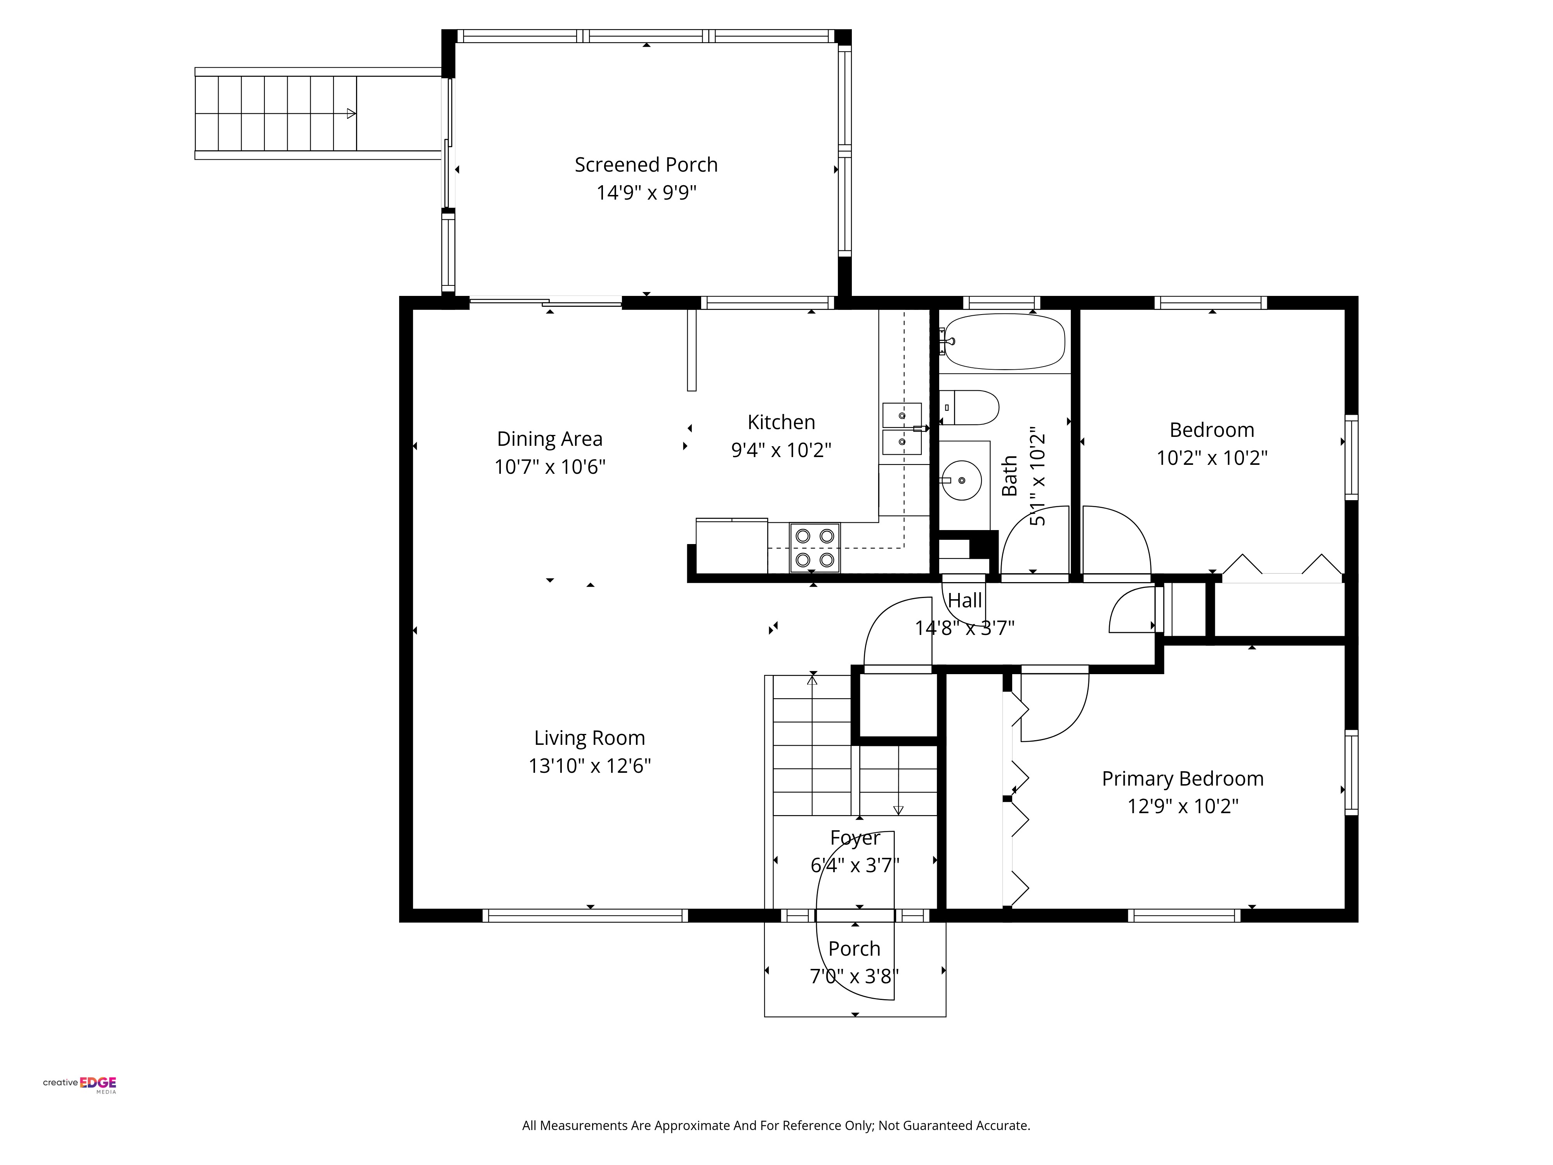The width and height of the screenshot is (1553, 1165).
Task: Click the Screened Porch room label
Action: pyautogui.click(x=646, y=165)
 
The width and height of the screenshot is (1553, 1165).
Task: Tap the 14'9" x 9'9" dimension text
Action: pyautogui.click(x=646, y=192)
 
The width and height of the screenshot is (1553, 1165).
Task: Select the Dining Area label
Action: pyautogui.click(x=550, y=439)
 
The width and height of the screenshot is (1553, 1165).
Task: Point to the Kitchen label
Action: pyautogui.click(x=782, y=422)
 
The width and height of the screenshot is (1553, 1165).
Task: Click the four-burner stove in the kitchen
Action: pyautogui.click(x=815, y=548)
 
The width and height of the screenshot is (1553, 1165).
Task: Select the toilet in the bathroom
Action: pyautogui.click(x=969, y=407)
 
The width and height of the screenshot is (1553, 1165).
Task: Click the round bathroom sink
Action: pyautogui.click(x=961, y=480)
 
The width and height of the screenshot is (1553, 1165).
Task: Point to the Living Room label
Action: pyautogui.click(x=590, y=738)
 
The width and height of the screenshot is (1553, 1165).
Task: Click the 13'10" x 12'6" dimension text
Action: pyautogui.click(x=590, y=765)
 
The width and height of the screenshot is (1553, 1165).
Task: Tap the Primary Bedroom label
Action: pyautogui.click(x=1183, y=779)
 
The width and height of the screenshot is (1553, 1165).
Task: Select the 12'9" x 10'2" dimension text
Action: pyautogui.click(x=1183, y=806)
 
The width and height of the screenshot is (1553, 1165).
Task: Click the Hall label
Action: pyautogui.click(x=965, y=600)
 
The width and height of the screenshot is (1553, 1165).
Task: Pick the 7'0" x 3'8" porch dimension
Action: pyautogui.click(x=855, y=976)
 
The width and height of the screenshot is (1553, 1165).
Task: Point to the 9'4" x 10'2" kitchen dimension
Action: pyautogui.click(x=782, y=450)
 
